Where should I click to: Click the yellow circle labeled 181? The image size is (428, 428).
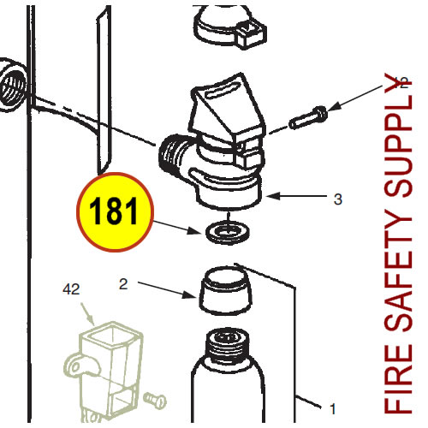115,212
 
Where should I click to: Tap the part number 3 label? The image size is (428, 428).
338,199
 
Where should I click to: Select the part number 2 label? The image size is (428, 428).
123,284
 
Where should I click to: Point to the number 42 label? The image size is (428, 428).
71,289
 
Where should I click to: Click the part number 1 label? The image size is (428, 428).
333,409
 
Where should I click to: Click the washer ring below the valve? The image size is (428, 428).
227,232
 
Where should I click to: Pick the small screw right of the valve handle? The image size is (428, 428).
308,117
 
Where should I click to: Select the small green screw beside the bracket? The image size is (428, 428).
155,401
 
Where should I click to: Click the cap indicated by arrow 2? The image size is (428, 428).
225,290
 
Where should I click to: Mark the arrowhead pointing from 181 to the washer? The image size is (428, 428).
195,230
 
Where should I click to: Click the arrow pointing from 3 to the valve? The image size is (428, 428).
296,196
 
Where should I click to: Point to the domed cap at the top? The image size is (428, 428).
230,27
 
